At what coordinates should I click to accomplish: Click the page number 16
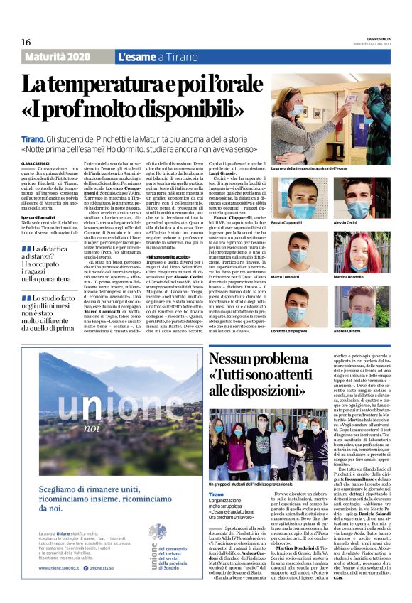pos(26,42)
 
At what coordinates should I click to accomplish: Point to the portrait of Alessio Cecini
pos(359,200)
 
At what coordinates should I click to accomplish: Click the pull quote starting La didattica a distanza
pos(53,263)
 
